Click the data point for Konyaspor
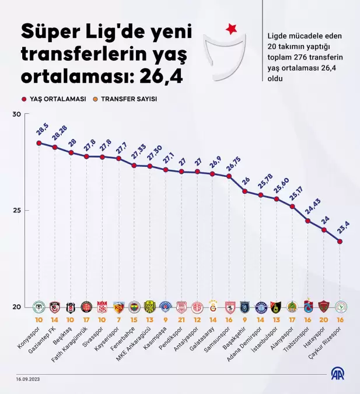pyautogui.click(x=39, y=143)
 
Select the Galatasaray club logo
pyautogui.click(x=213, y=306)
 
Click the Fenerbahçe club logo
pyautogui.click(x=134, y=306)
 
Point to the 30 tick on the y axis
pyautogui.click(x=17, y=114)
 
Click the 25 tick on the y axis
pyautogui.click(x=17, y=211)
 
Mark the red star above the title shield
pyautogui.click(x=232, y=27)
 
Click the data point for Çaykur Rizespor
pyautogui.click(x=340, y=242)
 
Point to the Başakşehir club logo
pyautogui.click(x=244, y=306)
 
